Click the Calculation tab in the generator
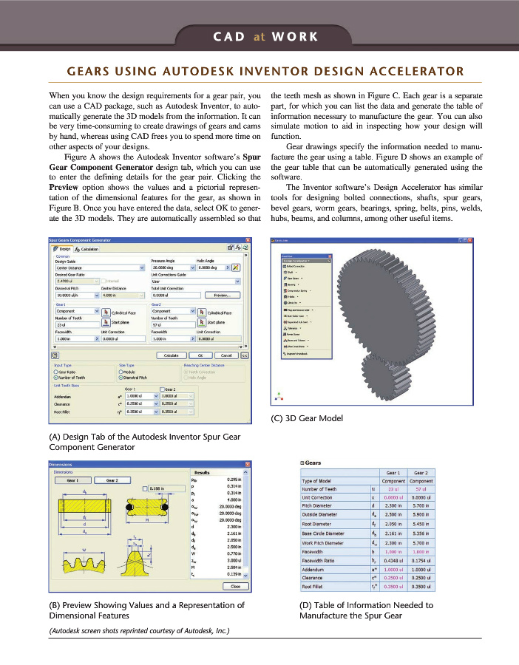(x=87, y=249)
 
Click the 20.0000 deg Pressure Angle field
(x=170, y=267)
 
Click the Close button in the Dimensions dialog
(x=235, y=586)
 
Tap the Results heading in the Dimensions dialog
(x=202, y=471)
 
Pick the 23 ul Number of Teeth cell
(x=393, y=488)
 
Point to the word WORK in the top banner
(x=294, y=35)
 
